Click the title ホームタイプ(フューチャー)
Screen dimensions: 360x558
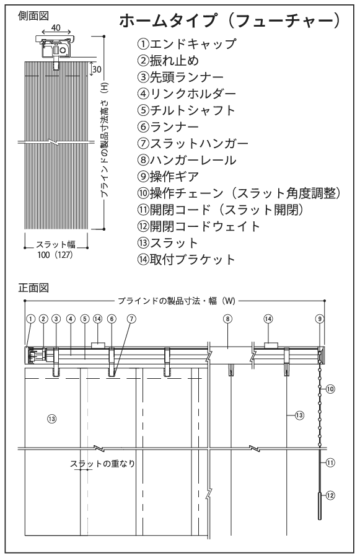(230, 20)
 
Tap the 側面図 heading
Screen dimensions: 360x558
(33, 16)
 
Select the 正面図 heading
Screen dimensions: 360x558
(33, 288)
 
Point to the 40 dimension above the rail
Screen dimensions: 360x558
(56, 27)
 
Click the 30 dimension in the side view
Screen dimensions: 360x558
(97, 69)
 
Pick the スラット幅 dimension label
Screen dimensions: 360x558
(56, 244)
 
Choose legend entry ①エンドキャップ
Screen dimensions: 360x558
(187, 44)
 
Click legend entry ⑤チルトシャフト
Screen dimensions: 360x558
(187, 110)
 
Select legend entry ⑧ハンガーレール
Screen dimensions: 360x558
(187, 160)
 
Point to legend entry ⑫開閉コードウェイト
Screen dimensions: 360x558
(199, 226)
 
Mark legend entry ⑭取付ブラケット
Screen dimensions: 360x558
(187, 259)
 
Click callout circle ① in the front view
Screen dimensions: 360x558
(30, 319)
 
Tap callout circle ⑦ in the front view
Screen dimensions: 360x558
(131, 319)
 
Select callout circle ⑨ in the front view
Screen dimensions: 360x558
(320, 319)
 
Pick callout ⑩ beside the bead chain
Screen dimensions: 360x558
(330, 389)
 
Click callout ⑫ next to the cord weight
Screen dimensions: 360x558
(330, 495)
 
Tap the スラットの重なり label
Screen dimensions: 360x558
(102, 464)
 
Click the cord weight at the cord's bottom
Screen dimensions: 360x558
(320, 506)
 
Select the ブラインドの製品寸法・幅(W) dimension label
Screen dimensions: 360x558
(177, 301)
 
